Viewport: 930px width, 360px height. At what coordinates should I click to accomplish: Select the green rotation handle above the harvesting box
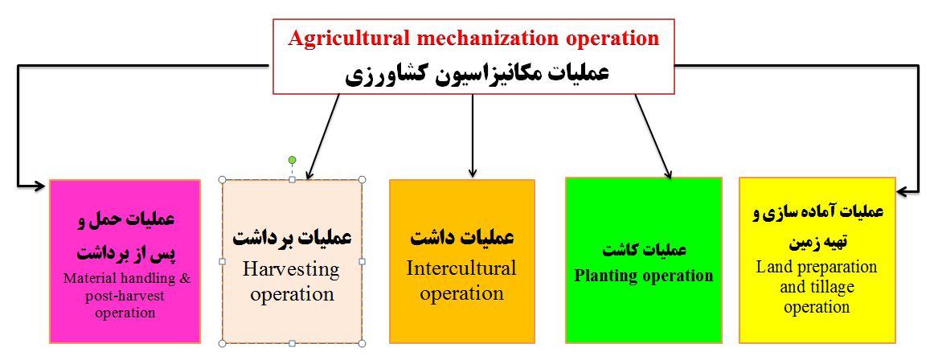pyautogui.click(x=292, y=160)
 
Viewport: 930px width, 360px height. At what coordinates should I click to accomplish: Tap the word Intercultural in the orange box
pyautogui.click(x=461, y=268)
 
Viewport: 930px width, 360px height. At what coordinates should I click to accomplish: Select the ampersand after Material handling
pyautogui.click(x=186, y=279)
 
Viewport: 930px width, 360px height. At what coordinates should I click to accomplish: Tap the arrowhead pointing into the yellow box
pyautogui.click(x=903, y=191)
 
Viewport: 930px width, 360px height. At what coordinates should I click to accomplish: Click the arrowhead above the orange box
pyautogui.click(x=472, y=173)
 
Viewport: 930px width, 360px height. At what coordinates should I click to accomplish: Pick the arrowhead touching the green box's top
pyautogui.click(x=669, y=173)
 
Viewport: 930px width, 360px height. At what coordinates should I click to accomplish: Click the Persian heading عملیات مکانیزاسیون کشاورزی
pyautogui.click(x=477, y=75)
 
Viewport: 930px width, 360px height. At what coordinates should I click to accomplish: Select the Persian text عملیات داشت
pyautogui.click(x=462, y=238)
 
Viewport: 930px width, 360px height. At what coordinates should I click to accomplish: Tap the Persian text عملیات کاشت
pyautogui.click(x=644, y=250)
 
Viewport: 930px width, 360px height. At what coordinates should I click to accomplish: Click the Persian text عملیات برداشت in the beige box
pyautogui.click(x=292, y=238)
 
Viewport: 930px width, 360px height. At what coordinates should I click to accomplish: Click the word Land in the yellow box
pyautogui.click(x=771, y=267)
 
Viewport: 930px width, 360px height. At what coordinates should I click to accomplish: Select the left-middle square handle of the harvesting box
pyautogui.click(x=223, y=261)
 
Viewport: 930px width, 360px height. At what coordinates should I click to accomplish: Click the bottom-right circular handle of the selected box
pyautogui.click(x=363, y=343)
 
